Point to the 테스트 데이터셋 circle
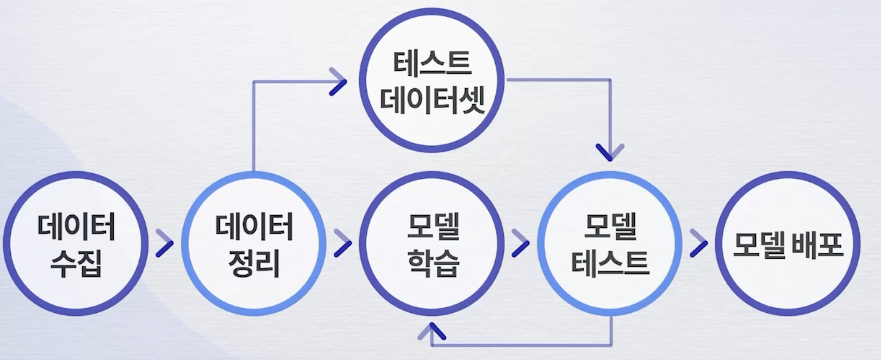coord(432,80)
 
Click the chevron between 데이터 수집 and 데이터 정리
coord(164,243)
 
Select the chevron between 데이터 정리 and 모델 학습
coord(343,243)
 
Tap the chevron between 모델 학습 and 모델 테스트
coord(521,243)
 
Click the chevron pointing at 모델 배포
coord(698,243)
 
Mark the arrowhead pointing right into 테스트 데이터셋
coord(338,82)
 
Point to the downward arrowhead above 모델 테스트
coord(610,152)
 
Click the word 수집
coord(76,264)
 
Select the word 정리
coord(254,264)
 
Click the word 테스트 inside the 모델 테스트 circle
coord(610,264)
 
